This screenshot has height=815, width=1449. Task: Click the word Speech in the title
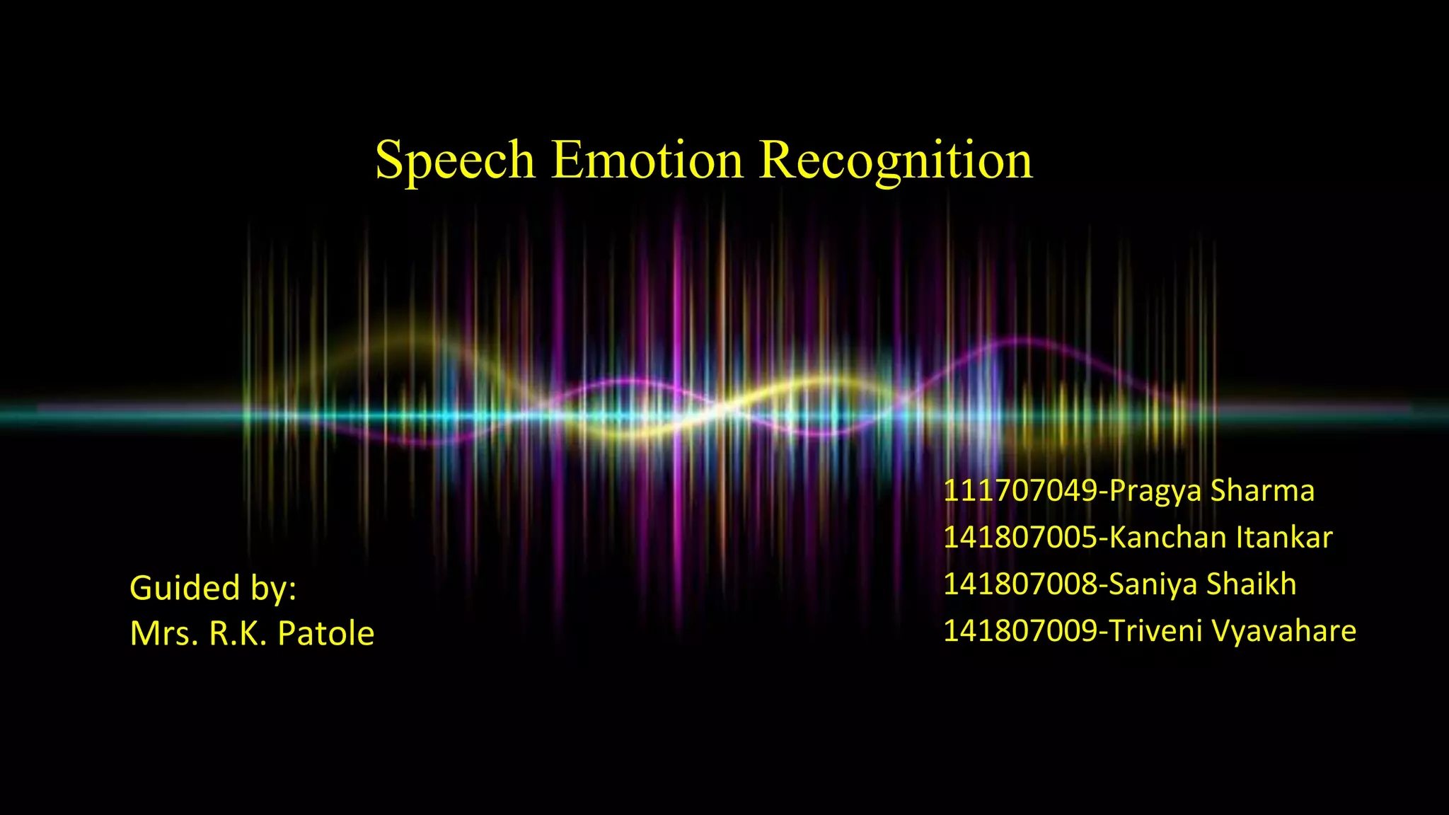[x=455, y=161]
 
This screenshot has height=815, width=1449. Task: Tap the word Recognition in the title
[x=896, y=161]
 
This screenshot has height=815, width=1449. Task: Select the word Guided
[x=185, y=588]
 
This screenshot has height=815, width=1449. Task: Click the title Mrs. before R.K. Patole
[x=163, y=633]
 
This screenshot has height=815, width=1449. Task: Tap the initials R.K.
[x=238, y=633]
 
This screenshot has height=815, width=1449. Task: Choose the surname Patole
[x=325, y=633]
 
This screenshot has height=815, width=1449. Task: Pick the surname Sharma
[x=1262, y=491]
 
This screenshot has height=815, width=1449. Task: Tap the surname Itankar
[x=1284, y=538]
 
